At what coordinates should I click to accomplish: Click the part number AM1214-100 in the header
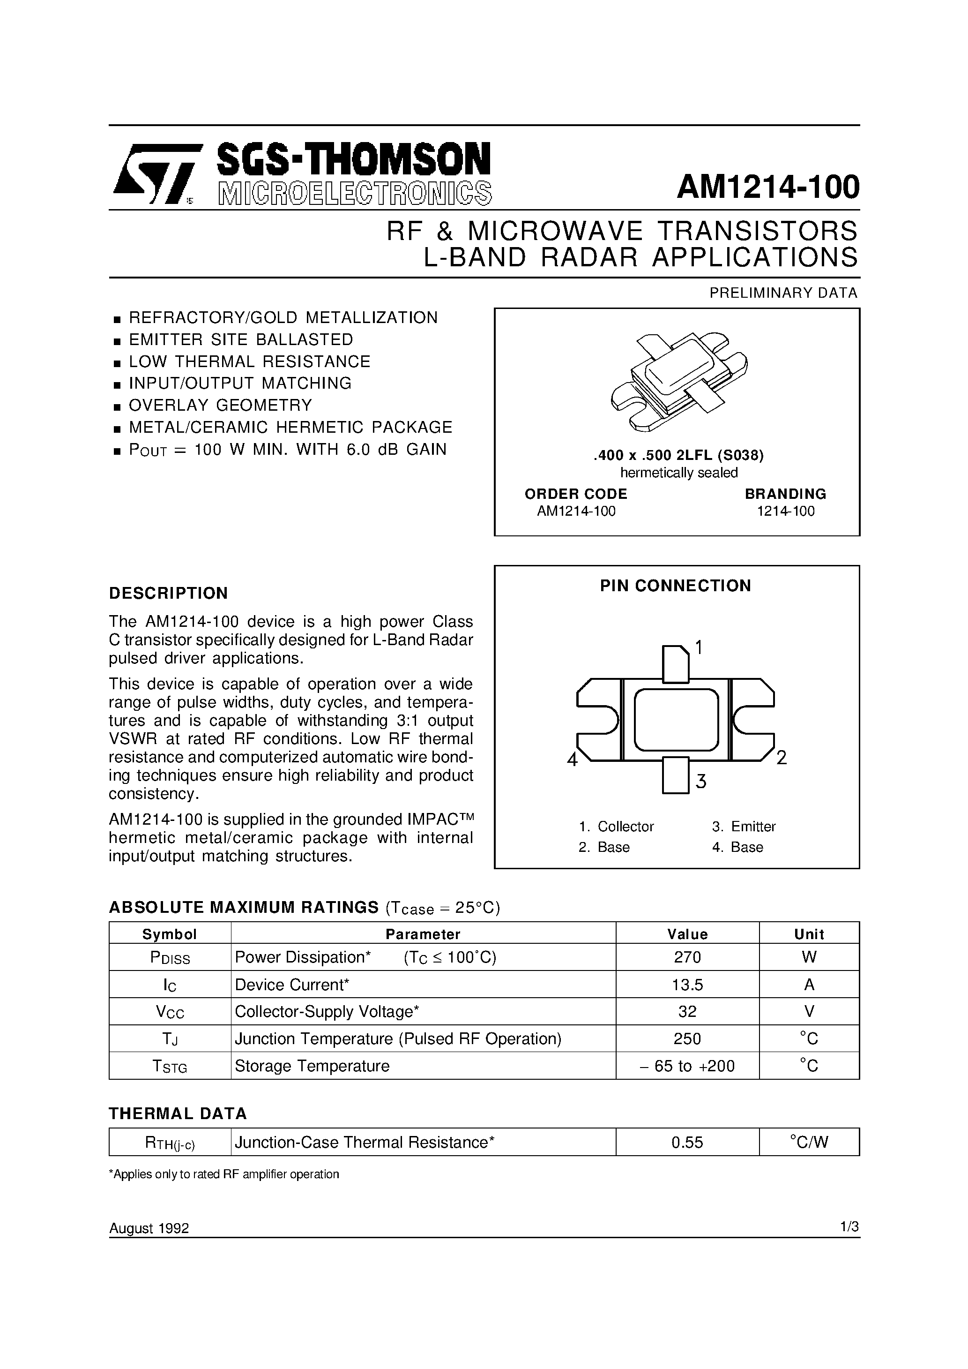point(768,187)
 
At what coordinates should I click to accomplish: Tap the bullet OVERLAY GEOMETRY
point(220,406)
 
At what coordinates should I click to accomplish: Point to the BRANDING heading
point(785,494)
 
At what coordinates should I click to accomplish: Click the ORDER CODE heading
point(575,494)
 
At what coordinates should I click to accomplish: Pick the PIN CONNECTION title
point(675,586)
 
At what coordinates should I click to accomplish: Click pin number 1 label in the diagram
point(699,647)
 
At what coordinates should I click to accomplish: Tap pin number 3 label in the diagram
point(701,781)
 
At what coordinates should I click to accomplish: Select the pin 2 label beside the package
point(782,758)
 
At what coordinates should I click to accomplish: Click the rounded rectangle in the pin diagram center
point(676,720)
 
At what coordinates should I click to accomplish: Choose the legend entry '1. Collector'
point(616,827)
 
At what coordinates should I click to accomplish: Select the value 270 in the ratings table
point(687,957)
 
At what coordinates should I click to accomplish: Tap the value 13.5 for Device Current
point(687,985)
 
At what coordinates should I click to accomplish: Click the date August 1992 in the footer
point(149,1228)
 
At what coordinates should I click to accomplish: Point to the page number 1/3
point(849,1226)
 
